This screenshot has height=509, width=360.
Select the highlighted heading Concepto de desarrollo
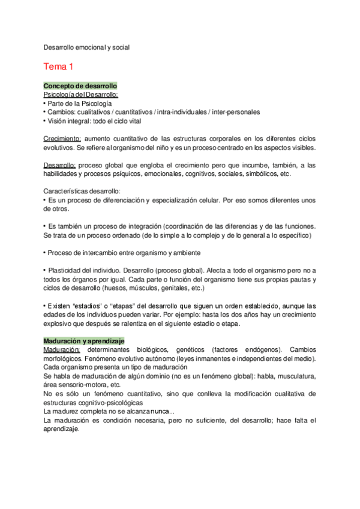[81, 86]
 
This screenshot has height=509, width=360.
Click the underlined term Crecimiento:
[63, 139]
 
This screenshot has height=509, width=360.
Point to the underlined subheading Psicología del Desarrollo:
[81, 95]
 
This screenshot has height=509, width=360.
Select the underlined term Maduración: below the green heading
[64, 349]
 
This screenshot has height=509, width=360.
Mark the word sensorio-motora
[82, 385]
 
